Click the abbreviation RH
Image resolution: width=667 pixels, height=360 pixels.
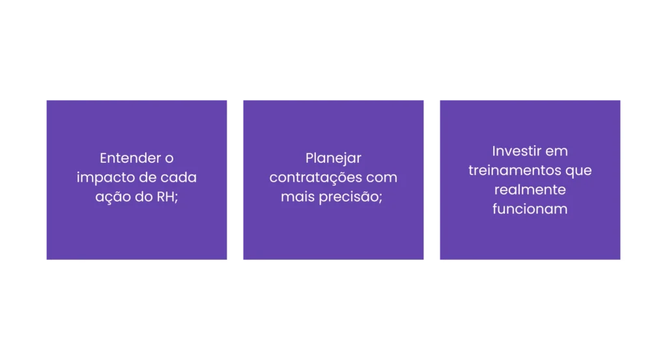click(x=165, y=197)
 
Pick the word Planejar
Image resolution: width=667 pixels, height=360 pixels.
click(x=333, y=159)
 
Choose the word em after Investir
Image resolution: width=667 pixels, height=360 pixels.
click(x=556, y=152)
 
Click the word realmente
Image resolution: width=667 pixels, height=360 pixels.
click(x=530, y=189)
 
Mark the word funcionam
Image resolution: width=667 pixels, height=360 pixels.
click(x=530, y=209)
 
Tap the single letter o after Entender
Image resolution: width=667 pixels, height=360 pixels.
click(x=169, y=159)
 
